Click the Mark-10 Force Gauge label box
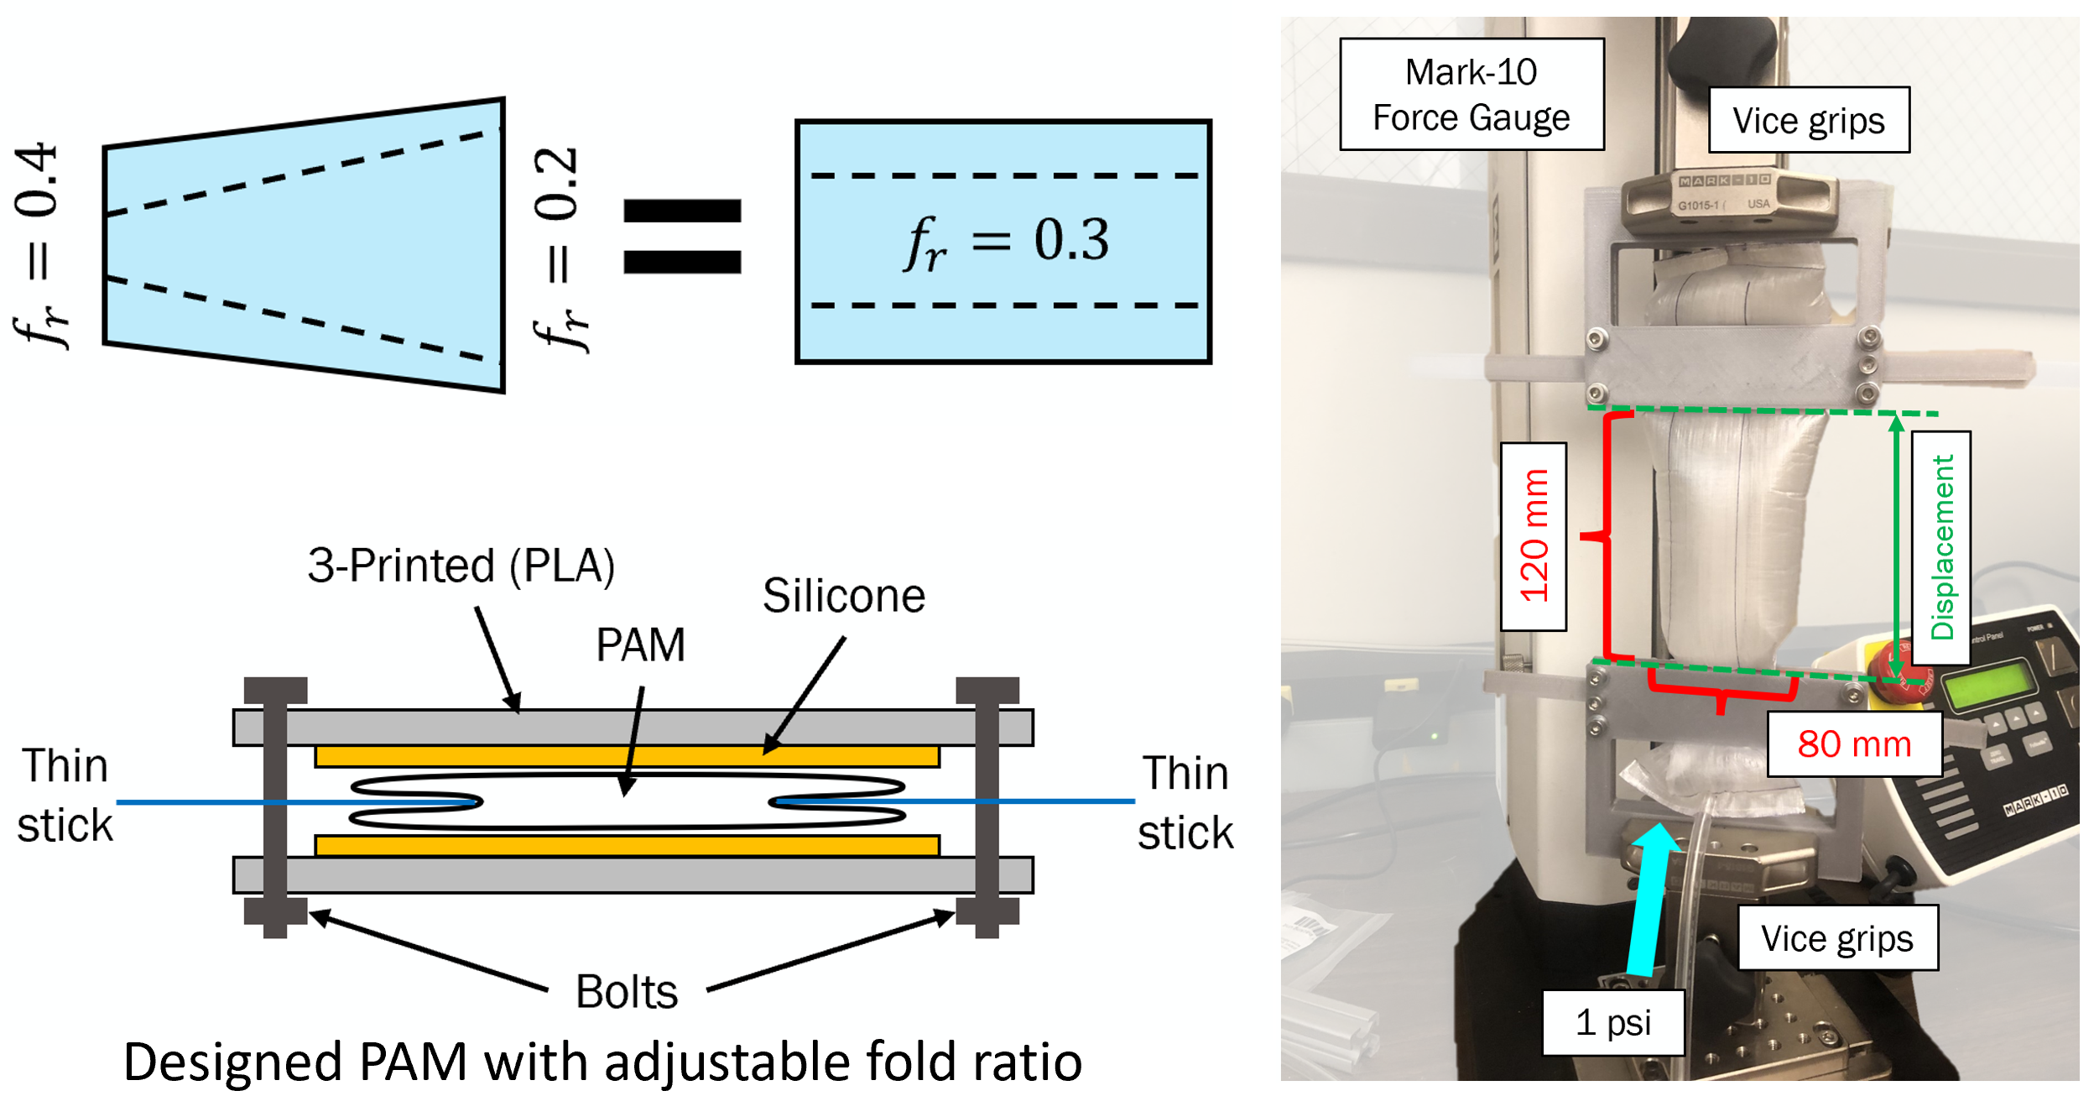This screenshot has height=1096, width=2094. click(1471, 94)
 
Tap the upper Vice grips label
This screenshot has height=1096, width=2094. click(1808, 120)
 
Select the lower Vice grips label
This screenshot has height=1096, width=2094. click(1836, 937)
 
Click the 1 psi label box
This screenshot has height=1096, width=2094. click(1612, 1022)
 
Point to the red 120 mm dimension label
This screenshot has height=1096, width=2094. click(1533, 536)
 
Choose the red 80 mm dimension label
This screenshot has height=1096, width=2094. click(1853, 744)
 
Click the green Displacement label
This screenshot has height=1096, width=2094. click(1940, 547)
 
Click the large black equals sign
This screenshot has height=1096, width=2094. click(682, 236)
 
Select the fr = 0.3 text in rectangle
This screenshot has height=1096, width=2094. click(1005, 242)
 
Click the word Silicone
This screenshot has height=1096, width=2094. click(843, 596)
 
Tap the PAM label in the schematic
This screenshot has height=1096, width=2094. click(640, 645)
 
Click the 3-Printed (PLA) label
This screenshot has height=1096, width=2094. click(461, 565)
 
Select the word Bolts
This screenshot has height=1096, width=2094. click(626, 991)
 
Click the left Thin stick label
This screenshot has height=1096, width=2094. click(65, 795)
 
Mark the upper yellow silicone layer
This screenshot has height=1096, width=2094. click(627, 756)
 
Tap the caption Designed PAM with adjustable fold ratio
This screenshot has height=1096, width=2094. click(602, 1061)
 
